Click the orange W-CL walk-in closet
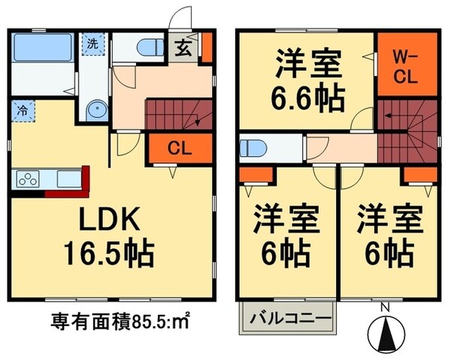[x=405, y=65]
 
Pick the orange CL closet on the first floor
[x=179, y=148]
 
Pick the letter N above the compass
[x=384, y=307]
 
